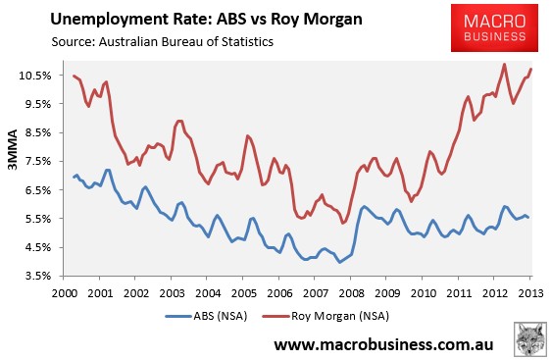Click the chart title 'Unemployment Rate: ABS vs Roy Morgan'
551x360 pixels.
point(206,20)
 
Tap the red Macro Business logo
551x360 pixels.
point(494,27)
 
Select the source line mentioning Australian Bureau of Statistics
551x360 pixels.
point(163,42)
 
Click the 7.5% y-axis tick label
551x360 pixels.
point(38,162)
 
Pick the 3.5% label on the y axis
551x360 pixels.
point(38,276)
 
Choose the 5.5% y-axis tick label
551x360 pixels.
point(38,219)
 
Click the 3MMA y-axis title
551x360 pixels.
point(13,149)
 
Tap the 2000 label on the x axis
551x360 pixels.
point(65,293)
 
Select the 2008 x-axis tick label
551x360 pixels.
point(351,293)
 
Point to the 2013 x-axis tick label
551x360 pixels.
point(530,293)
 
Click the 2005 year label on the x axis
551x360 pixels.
point(243,293)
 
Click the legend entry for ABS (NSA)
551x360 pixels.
point(206,316)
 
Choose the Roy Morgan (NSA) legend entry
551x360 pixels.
point(326,316)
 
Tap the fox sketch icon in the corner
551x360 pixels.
point(530,339)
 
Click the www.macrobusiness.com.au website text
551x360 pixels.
point(383,344)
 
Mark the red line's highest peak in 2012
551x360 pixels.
point(505,65)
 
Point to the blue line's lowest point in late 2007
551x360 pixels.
point(339,262)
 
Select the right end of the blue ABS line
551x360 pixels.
point(527,217)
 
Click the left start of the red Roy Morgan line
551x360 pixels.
point(74,76)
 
